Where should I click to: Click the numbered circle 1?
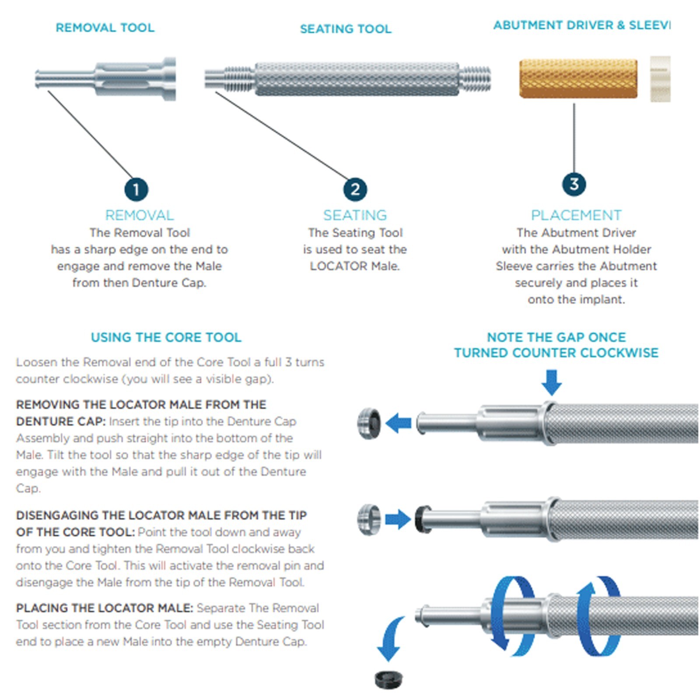[136, 189]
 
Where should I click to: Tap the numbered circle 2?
[355, 189]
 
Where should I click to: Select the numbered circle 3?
[574, 184]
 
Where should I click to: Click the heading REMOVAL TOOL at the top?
[105, 28]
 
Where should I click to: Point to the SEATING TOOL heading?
[346, 29]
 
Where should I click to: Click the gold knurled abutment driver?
[578, 79]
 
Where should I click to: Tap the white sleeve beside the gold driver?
[660, 79]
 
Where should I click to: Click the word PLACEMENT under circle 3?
[576, 215]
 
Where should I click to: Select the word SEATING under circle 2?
[355, 215]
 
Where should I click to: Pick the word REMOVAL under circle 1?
[140, 215]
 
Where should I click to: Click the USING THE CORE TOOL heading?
[166, 337]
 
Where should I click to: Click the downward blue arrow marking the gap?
[551, 382]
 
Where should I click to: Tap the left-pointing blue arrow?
[398, 423]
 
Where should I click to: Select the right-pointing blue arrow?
[398, 519]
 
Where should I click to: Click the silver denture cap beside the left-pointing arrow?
[369, 423]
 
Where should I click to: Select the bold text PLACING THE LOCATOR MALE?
[105, 608]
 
